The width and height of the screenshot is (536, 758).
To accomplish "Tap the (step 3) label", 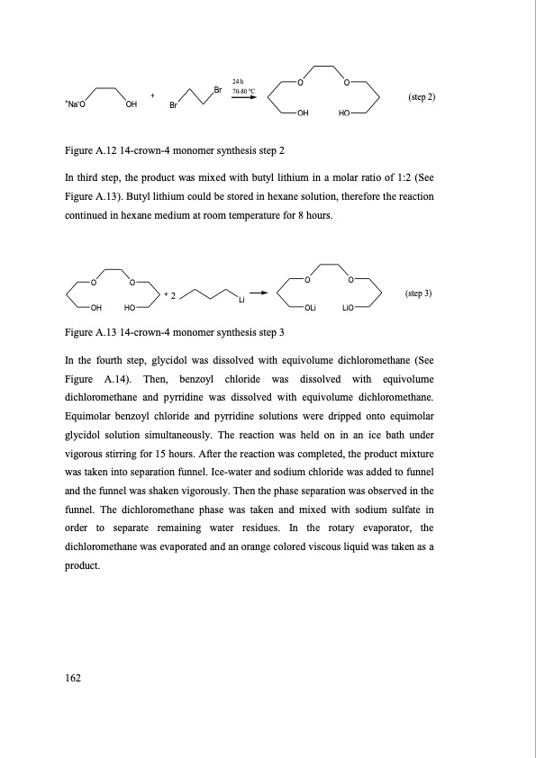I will point(419,293).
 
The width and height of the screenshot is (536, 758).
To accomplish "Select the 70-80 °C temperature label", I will point(240,91).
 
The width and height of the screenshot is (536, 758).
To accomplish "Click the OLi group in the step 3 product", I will point(309,309).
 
